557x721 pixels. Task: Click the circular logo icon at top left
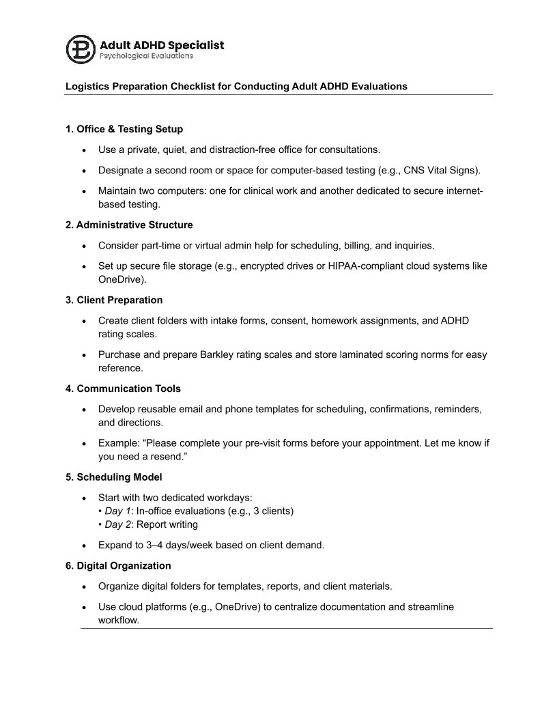coord(81,48)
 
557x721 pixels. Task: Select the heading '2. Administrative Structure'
coord(129,225)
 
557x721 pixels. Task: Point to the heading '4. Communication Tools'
coord(123,388)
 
